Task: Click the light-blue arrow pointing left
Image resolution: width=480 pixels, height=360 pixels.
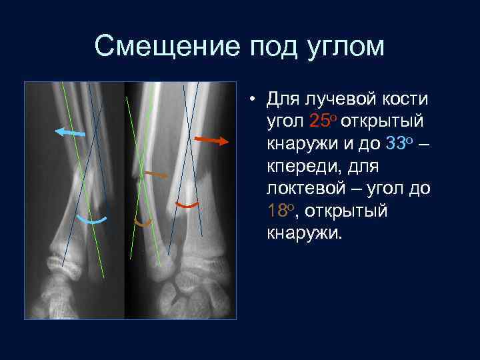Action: coord(70,133)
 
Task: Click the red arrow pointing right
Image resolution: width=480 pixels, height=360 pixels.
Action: coord(212,140)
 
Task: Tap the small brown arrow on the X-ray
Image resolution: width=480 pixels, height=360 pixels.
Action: coord(156,174)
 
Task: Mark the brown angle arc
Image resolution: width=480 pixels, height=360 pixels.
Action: coord(143,222)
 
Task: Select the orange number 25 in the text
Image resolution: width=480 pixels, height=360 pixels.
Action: coord(320,121)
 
